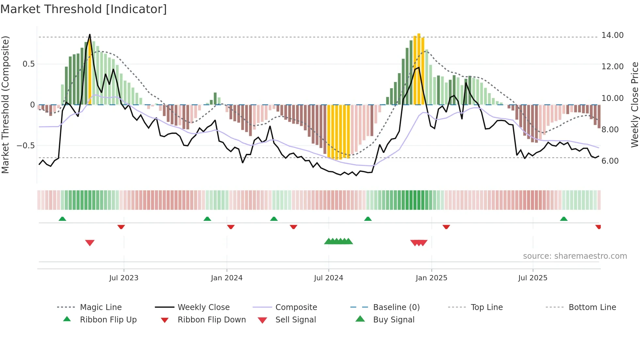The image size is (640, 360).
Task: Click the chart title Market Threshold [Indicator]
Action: tap(84, 9)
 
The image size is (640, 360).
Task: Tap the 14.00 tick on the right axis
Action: tap(612, 35)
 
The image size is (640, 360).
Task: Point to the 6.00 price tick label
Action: tap(610, 161)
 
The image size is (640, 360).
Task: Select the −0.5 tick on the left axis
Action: tap(26, 146)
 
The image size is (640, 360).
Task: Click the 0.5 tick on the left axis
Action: tap(28, 64)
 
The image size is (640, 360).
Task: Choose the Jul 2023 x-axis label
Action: tap(124, 278)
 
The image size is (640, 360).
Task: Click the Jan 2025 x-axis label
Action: tap(431, 278)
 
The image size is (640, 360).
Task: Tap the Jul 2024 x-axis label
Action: tap(328, 278)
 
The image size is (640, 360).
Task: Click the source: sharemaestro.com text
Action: tap(575, 256)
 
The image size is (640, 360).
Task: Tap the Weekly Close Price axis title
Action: tap(634, 105)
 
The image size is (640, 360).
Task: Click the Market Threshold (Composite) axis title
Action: tap(5, 105)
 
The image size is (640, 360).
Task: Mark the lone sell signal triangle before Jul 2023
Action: tap(90, 243)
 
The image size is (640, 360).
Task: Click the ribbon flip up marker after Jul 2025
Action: tap(564, 219)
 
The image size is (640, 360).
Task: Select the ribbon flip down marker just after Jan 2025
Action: tap(446, 227)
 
